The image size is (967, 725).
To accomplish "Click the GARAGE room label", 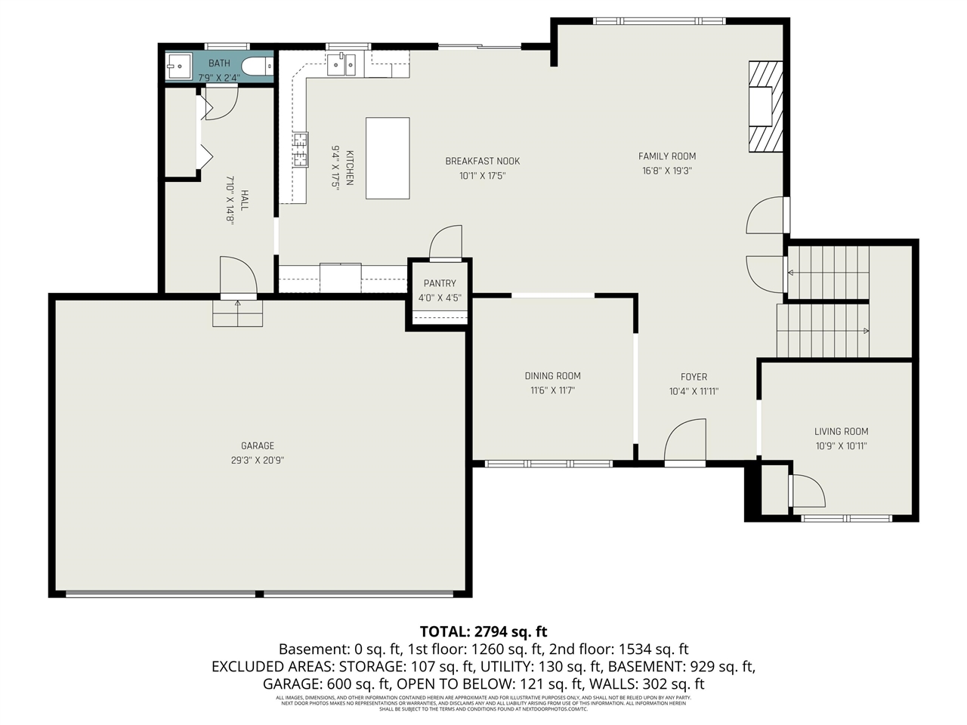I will point(258,446).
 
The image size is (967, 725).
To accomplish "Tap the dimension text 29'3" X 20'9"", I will point(258,460).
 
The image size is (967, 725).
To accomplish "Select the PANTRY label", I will point(440,283).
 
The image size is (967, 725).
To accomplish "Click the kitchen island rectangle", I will point(388,158).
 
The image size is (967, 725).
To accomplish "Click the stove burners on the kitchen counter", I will point(300,148).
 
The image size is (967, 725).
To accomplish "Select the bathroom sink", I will point(178,66).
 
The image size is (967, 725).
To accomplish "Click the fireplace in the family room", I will point(762,106).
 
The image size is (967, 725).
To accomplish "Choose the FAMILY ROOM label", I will point(667,156).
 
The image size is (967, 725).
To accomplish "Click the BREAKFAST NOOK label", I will point(482,161).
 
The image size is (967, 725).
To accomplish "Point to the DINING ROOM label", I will point(552,376).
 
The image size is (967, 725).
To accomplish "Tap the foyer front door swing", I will point(685,442).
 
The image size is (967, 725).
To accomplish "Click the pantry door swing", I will point(446,243).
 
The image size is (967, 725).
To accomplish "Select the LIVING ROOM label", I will point(841,432).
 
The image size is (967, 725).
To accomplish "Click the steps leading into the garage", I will point(237,313).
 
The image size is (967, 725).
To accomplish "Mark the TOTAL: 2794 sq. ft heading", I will point(483,631).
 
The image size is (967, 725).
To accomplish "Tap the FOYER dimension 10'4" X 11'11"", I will point(694,391).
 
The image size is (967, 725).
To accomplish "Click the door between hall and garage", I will point(237,276).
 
